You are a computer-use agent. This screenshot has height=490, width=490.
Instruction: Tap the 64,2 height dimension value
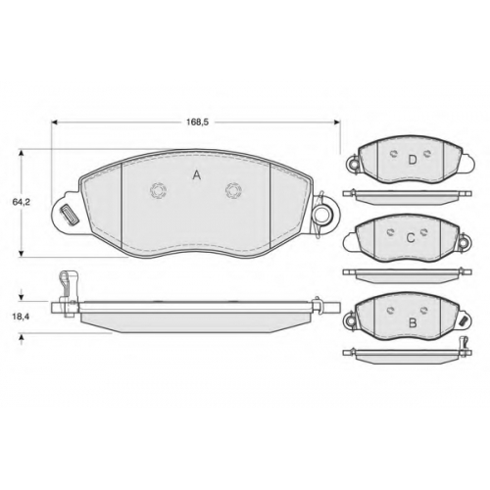(x=22, y=202)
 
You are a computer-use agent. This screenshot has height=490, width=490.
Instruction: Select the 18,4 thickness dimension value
(x=22, y=317)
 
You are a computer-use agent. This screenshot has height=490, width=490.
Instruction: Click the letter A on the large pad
(x=196, y=175)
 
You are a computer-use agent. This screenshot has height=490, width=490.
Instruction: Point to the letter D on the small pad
(x=413, y=160)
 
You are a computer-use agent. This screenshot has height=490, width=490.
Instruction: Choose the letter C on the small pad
(x=411, y=238)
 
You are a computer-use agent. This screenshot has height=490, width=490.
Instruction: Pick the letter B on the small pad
(x=413, y=323)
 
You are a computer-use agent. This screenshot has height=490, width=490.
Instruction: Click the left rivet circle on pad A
(x=159, y=190)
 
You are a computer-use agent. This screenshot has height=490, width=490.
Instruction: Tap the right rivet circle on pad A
(x=233, y=190)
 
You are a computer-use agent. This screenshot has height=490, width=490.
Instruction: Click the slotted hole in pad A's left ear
(x=69, y=215)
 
